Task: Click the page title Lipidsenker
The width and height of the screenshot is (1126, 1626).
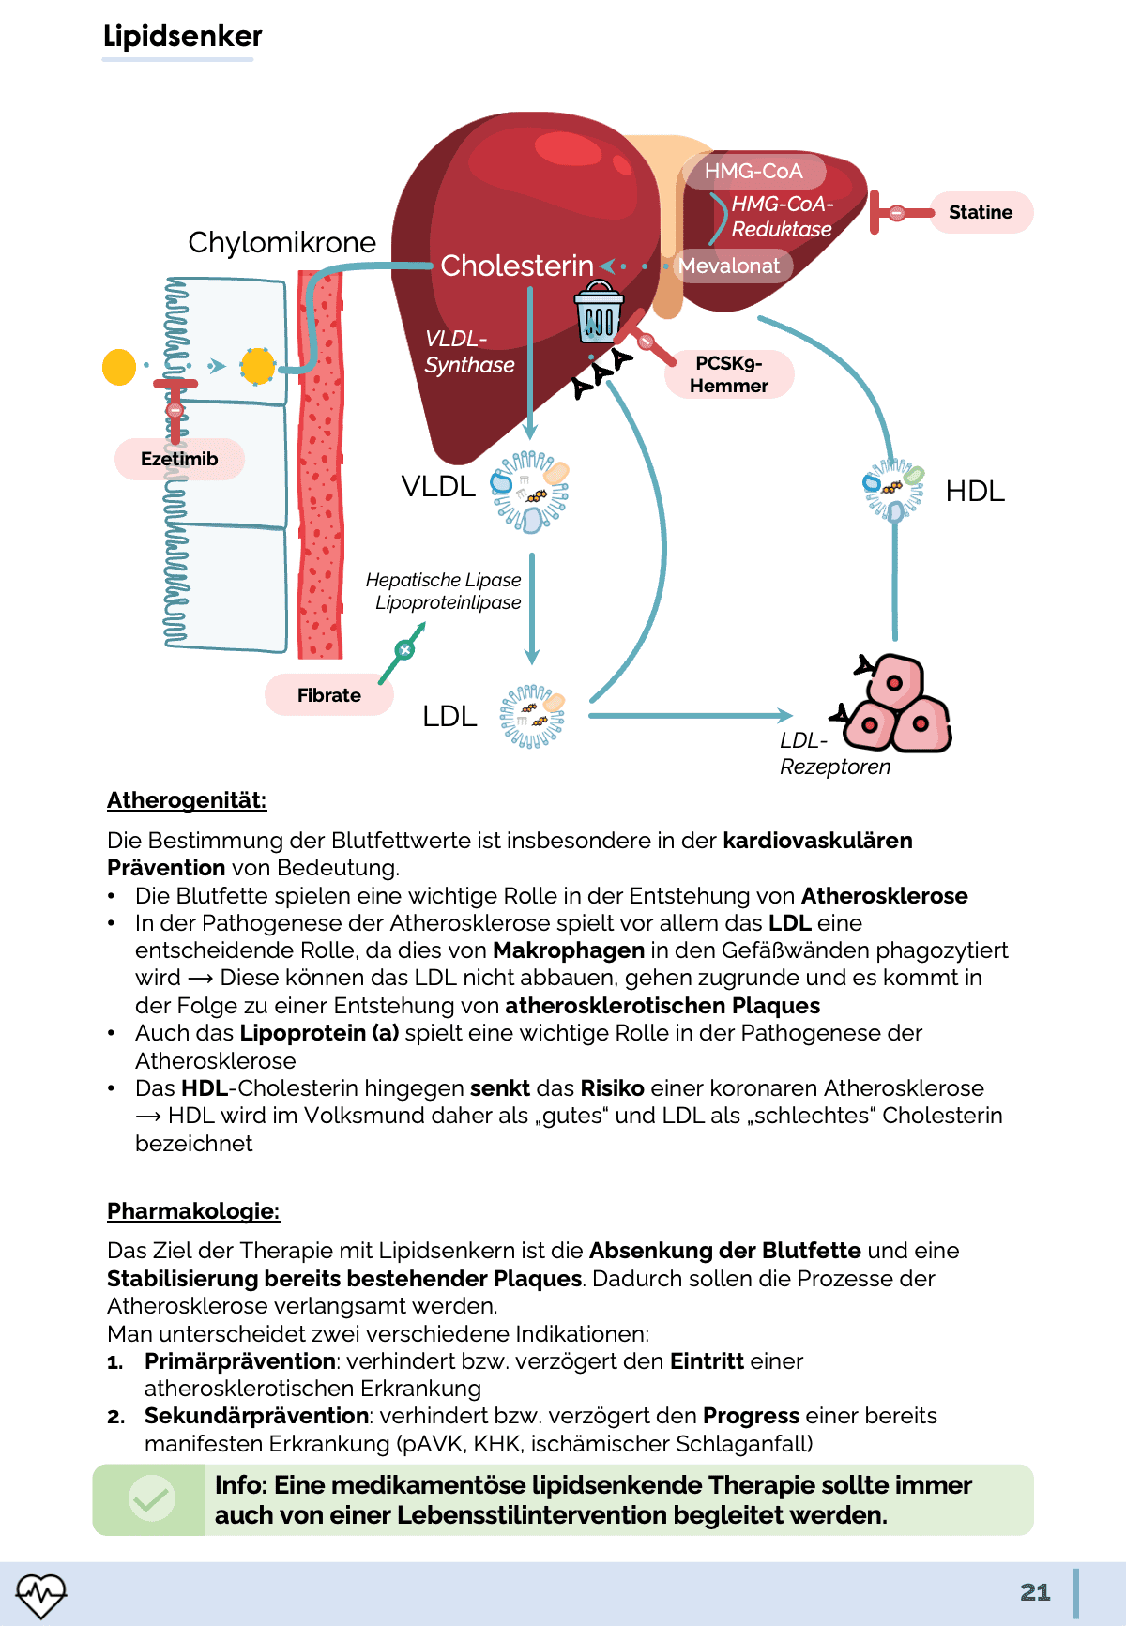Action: click(x=182, y=36)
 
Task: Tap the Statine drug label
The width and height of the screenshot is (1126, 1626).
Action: click(x=981, y=212)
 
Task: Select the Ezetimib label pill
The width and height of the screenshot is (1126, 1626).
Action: click(x=179, y=459)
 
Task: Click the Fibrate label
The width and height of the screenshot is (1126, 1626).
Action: click(x=329, y=695)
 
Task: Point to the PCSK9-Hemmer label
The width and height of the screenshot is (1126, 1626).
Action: click(x=729, y=374)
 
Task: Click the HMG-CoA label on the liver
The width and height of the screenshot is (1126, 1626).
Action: click(x=753, y=171)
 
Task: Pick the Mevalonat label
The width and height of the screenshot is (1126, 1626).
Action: click(x=729, y=266)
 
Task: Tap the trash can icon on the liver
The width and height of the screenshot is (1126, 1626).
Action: click(x=598, y=313)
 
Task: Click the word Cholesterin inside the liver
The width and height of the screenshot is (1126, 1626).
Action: click(x=517, y=266)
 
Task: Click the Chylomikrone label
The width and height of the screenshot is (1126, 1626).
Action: click(x=281, y=242)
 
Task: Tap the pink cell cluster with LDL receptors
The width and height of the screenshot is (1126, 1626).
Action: click(x=896, y=707)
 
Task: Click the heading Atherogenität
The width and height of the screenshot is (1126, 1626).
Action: click(x=187, y=800)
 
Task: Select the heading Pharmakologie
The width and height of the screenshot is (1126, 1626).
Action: click(x=193, y=1211)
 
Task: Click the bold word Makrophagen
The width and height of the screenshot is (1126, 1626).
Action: click(x=569, y=950)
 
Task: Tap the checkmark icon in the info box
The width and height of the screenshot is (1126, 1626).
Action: click(x=150, y=1498)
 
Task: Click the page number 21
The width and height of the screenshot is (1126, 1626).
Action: click(x=1035, y=1592)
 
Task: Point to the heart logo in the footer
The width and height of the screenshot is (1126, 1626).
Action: click(x=41, y=1594)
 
